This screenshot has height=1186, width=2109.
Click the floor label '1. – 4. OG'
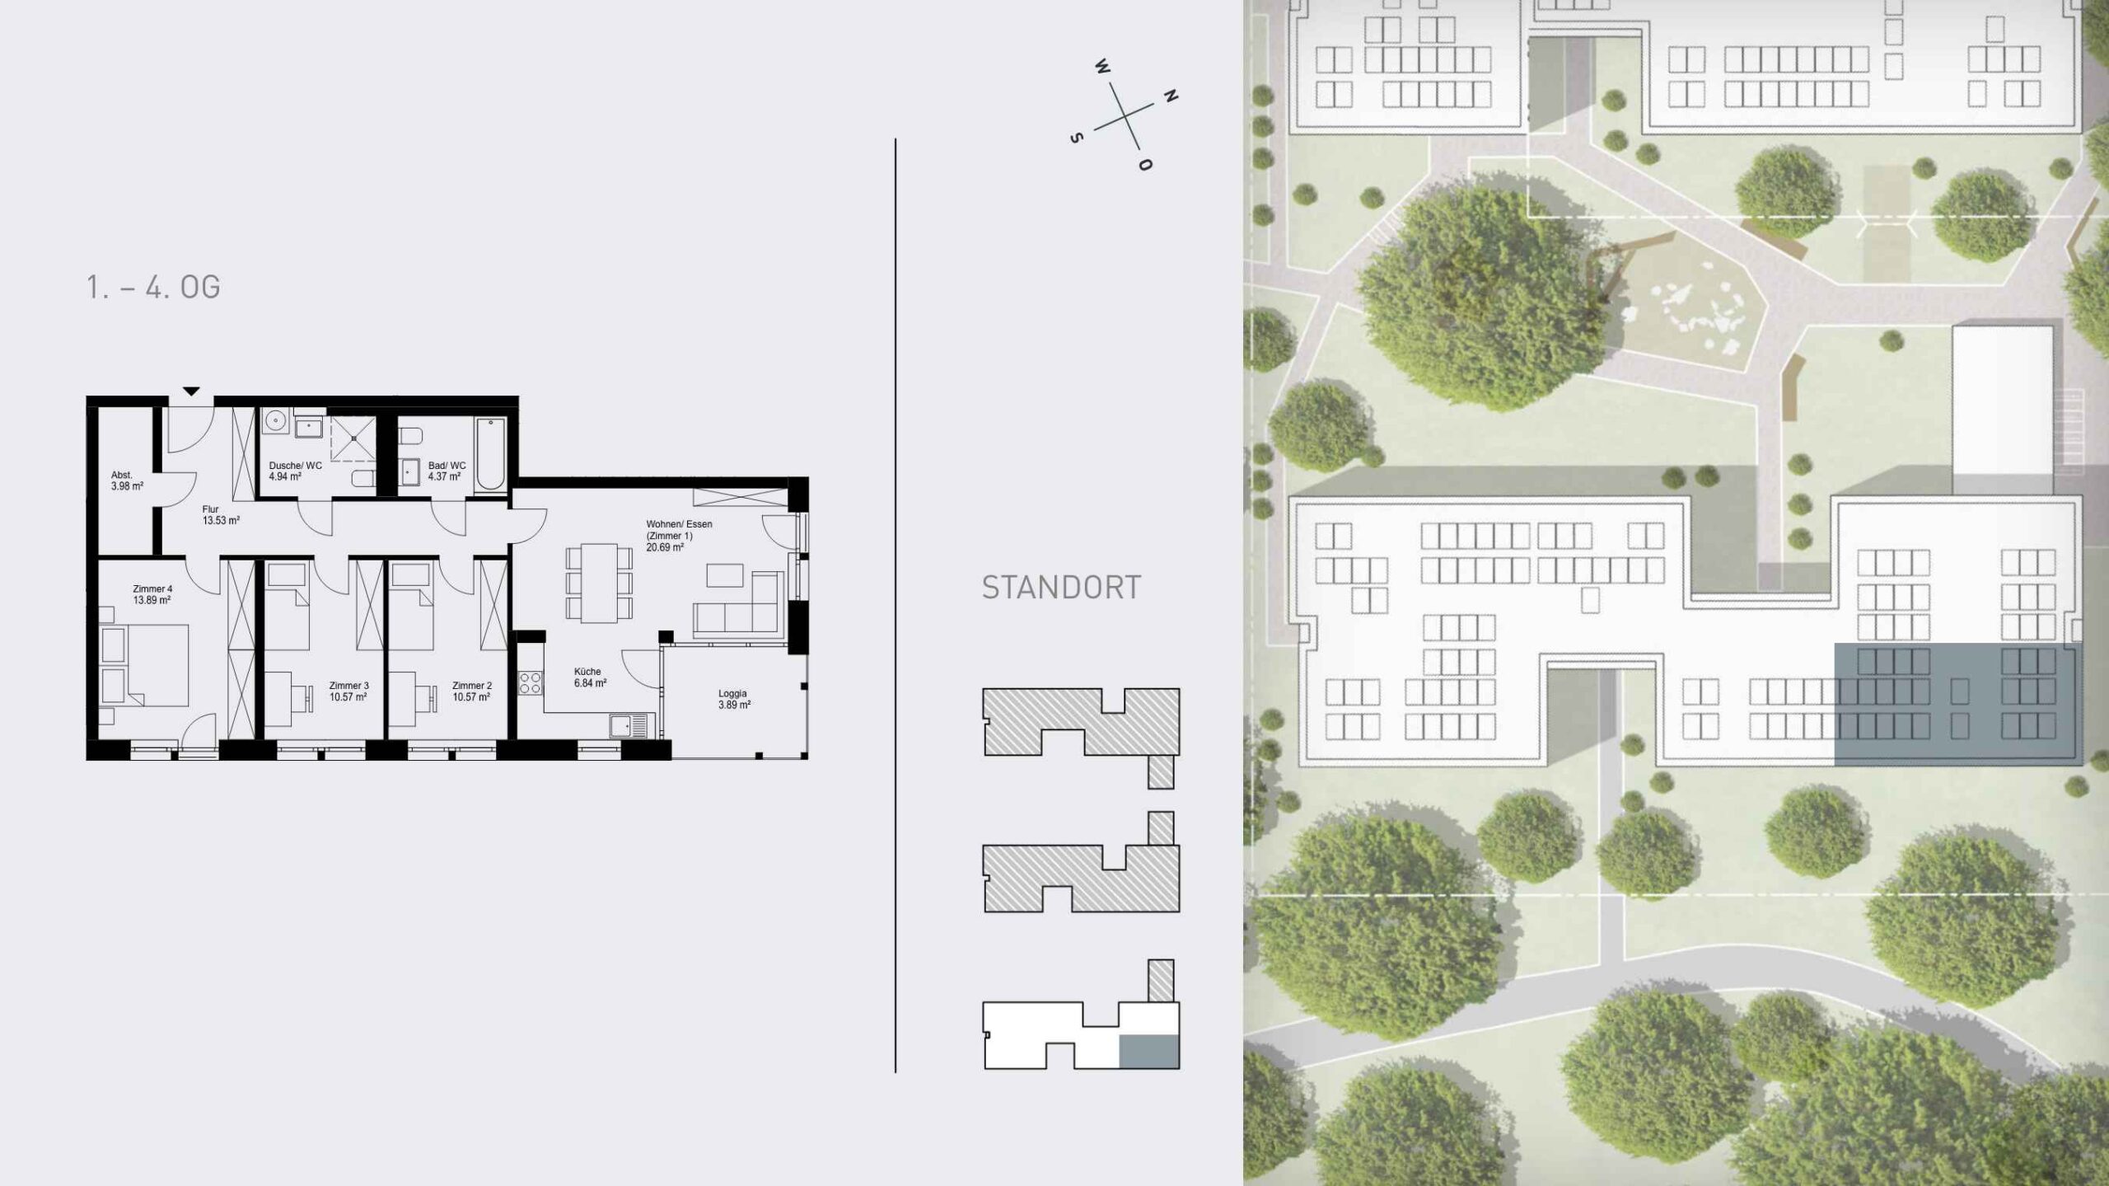pyautogui.click(x=153, y=287)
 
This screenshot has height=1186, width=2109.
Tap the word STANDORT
pyautogui.click(x=1061, y=588)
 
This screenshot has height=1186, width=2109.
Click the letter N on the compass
pyautogui.click(x=1170, y=96)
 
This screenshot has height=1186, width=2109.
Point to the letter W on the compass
pyautogui.click(x=1102, y=67)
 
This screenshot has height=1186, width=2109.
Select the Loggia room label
pyautogui.click(x=733, y=699)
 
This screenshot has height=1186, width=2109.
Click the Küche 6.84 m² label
pyautogui.click(x=590, y=677)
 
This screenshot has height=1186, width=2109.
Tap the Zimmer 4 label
pyautogui.click(x=152, y=594)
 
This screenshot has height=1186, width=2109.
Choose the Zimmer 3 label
pyautogui.click(x=348, y=691)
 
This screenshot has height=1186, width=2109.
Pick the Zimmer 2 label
pyautogui.click(x=472, y=691)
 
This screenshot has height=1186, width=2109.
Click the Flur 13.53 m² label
pyautogui.click(x=221, y=515)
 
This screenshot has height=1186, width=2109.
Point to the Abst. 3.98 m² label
pyautogui.click(x=127, y=480)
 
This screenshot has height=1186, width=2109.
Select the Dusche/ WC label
pyautogui.click(x=295, y=471)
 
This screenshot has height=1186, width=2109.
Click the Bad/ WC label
pyautogui.click(x=447, y=471)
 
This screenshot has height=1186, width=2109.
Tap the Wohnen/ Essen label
pyautogui.click(x=679, y=535)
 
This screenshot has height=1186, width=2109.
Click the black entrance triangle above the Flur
pyautogui.click(x=191, y=391)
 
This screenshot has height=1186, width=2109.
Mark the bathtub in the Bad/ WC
pyautogui.click(x=490, y=455)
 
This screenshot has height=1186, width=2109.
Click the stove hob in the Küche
pyautogui.click(x=530, y=682)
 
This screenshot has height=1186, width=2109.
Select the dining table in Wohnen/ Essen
pyautogui.click(x=599, y=583)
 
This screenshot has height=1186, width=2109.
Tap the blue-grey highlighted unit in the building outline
pyautogui.click(x=1149, y=1052)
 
